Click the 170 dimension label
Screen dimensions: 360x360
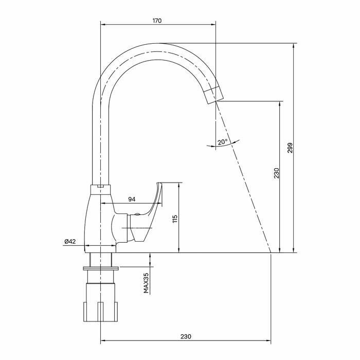[157, 21]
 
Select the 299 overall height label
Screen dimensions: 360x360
[290, 148]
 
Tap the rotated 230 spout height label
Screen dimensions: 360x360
[276, 174]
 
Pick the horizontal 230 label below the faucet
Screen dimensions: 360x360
[186, 336]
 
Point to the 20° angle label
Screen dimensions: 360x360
[222, 142]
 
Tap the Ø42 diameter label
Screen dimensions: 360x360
[70, 241]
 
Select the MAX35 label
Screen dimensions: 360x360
[146, 283]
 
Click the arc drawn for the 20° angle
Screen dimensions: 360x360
[221, 146]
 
